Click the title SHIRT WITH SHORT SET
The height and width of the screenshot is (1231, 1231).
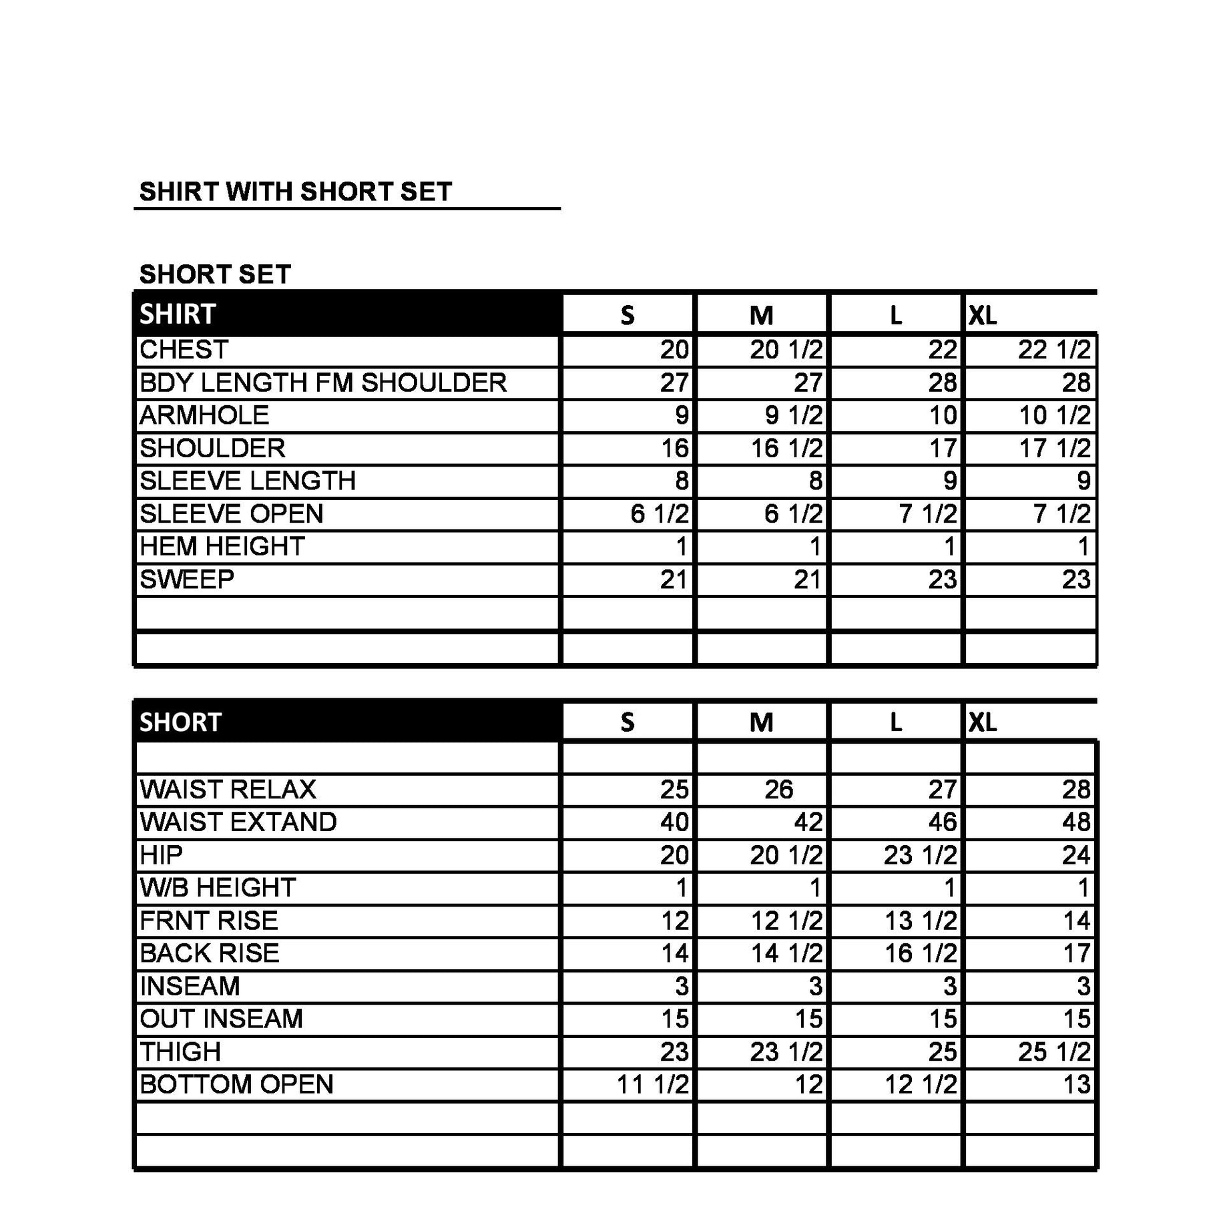[x=295, y=192]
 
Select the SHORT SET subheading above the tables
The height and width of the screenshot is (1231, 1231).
[x=215, y=274]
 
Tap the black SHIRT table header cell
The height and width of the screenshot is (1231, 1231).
[x=347, y=314]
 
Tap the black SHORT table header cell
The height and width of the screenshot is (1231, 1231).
[x=347, y=722]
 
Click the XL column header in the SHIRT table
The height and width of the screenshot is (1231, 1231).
[x=983, y=315]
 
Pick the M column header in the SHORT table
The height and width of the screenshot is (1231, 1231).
[x=761, y=722]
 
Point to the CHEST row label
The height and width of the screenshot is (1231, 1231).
[x=184, y=350]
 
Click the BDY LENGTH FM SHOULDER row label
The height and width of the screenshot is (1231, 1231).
[x=323, y=383]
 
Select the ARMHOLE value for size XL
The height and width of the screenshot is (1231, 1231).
[x=1054, y=415]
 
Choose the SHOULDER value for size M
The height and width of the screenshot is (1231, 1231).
[x=786, y=448]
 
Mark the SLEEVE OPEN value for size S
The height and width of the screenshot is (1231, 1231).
[x=659, y=513]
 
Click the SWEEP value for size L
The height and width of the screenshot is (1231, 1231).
[x=942, y=579]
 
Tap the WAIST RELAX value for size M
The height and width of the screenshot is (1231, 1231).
[x=778, y=789]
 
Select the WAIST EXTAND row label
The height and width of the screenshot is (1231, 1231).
[x=238, y=822]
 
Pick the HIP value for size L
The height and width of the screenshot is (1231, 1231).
[x=920, y=855]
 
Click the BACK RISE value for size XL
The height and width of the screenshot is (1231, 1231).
[x=1076, y=953]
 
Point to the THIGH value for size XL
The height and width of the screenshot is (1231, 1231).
[x=1054, y=1052]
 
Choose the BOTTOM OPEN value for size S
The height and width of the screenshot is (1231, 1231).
[x=652, y=1085]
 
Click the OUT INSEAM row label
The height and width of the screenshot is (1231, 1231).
[x=221, y=1019]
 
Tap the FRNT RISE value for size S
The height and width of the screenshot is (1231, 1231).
[x=674, y=921]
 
